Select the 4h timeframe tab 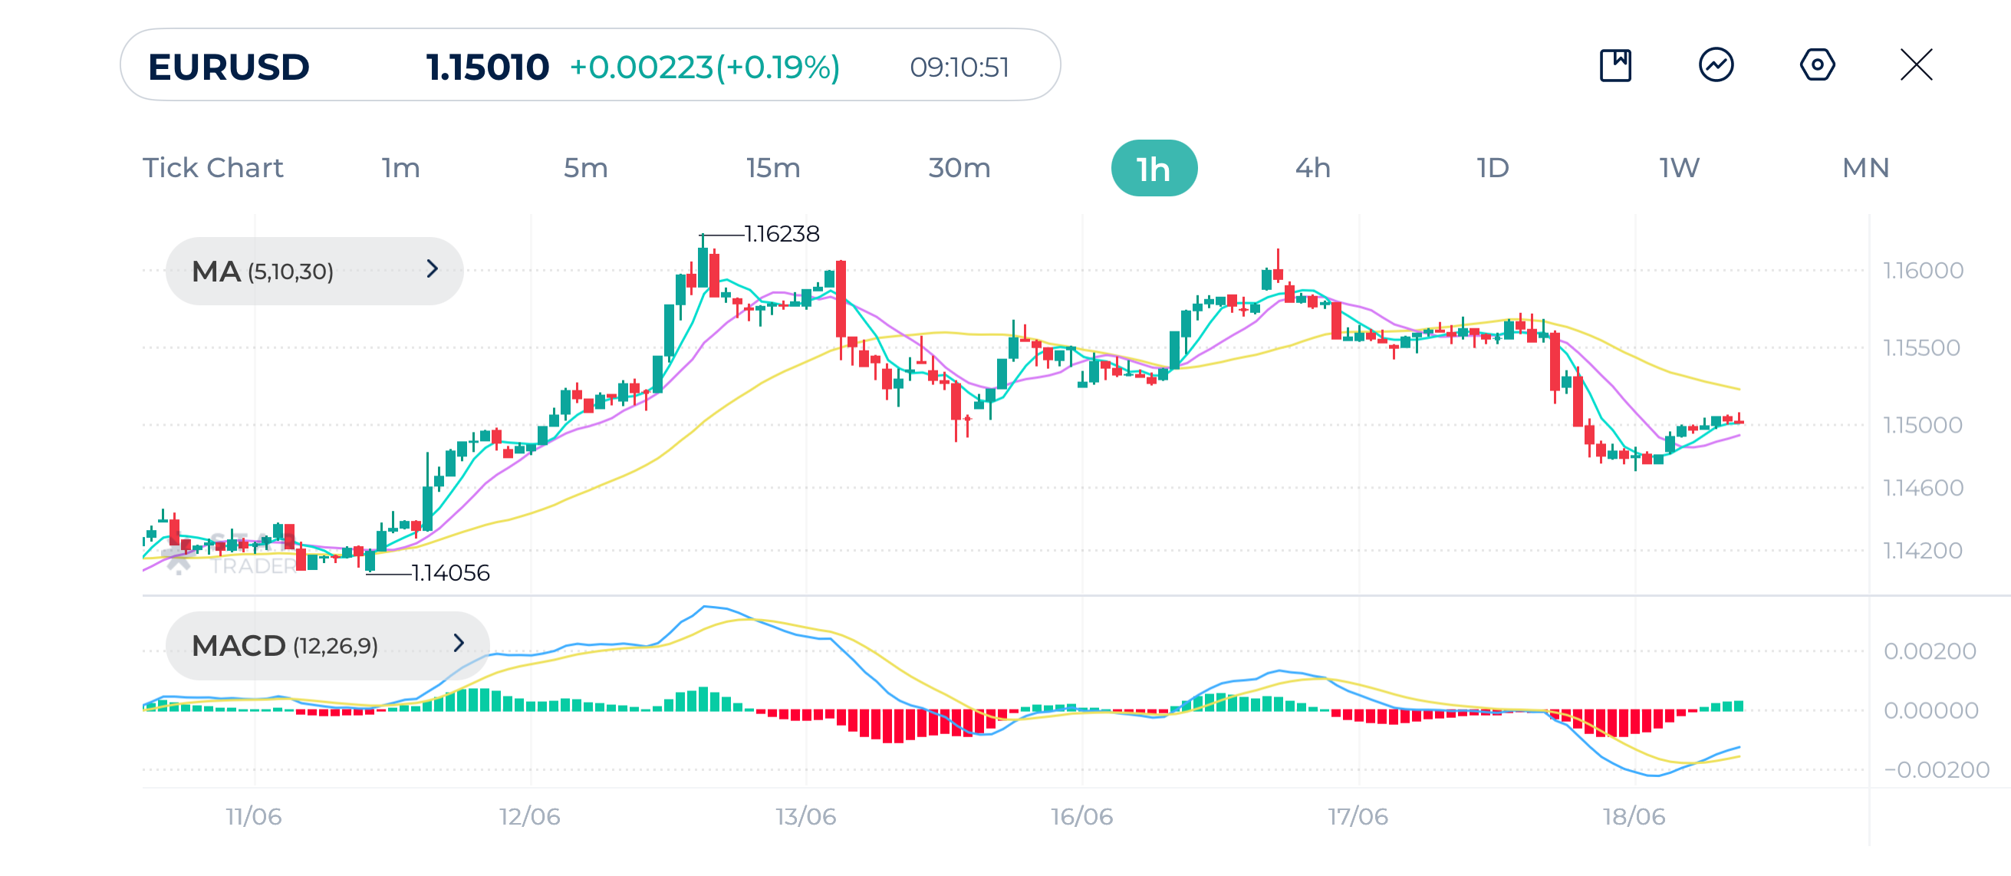click(x=1312, y=168)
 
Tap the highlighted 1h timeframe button click(x=1153, y=168)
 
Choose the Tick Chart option click(x=212, y=168)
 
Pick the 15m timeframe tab click(x=772, y=168)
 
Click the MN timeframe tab click(x=1865, y=168)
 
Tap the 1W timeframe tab click(x=1678, y=168)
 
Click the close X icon click(x=1916, y=64)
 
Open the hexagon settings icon click(x=1817, y=64)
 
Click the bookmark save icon click(x=1615, y=64)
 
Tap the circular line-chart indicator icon click(x=1716, y=64)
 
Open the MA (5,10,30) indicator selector click(x=314, y=271)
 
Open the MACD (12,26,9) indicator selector click(x=327, y=645)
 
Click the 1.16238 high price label click(x=782, y=233)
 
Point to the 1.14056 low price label click(x=450, y=573)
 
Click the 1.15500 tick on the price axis click(x=1921, y=347)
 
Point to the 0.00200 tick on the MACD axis click(x=1929, y=650)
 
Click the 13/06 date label click(x=805, y=816)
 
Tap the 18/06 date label click(x=1633, y=816)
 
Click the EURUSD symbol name click(x=229, y=67)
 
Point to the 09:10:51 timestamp click(x=959, y=68)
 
